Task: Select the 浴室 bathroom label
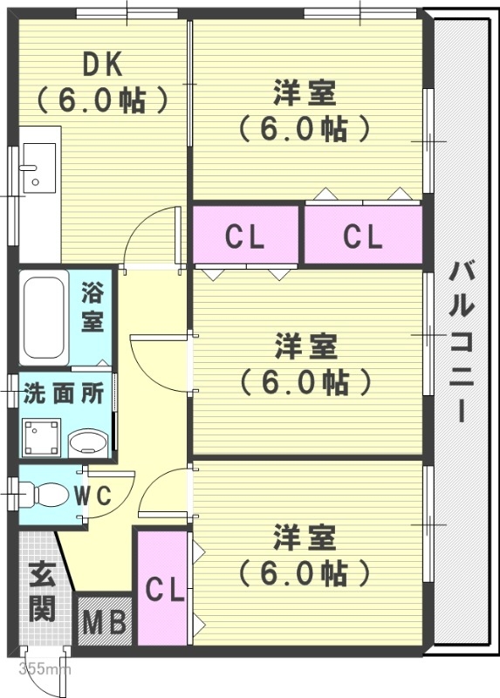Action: pyautogui.click(x=92, y=306)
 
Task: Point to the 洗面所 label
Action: pyautogui.click(x=64, y=393)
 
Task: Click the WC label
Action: pyautogui.click(x=92, y=496)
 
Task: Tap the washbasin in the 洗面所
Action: pyautogui.click(x=86, y=442)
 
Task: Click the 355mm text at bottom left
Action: pyautogui.click(x=44, y=670)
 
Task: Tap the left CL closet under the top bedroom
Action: pyautogui.click(x=245, y=236)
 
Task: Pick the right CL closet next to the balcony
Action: pyautogui.click(x=362, y=236)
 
